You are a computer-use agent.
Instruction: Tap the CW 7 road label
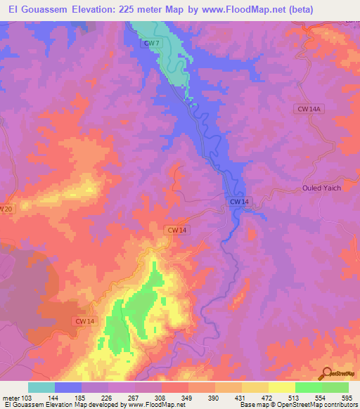tap(148, 44)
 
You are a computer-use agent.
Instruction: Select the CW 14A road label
tap(308, 108)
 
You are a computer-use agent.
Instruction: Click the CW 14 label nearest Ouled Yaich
tap(238, 202)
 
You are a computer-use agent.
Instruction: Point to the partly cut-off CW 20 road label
tap(6, 209)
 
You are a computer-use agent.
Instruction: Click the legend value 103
tap(29, 398)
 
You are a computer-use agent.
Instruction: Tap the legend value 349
tap(188, 398)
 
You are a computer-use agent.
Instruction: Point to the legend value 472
tap(269, 398)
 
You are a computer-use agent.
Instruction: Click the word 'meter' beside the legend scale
tap(11, 398)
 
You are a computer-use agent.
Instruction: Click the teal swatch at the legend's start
tap(41, 387)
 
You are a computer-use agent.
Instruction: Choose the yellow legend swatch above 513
tap(281, 387)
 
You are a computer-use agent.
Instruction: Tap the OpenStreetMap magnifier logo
tap(327, 373)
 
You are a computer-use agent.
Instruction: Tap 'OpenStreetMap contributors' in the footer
tap(316, 405)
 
